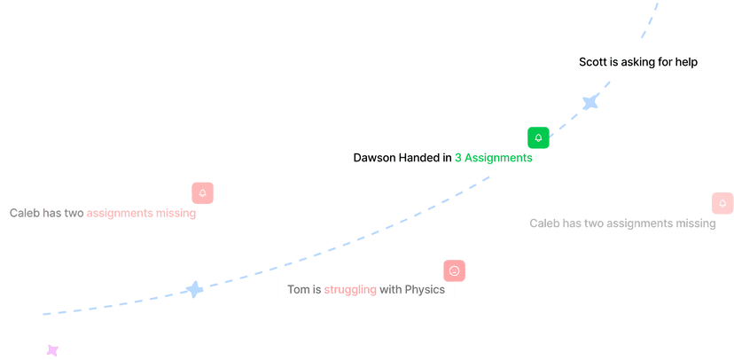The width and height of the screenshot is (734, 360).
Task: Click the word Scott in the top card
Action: point(594,62)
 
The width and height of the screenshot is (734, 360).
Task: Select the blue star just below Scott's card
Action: point(590,103)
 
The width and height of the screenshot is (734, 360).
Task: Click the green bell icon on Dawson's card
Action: point(538,138)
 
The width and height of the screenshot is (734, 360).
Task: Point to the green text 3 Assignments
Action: point(493,158)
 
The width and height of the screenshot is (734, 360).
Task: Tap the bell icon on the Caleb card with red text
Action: point(203,193)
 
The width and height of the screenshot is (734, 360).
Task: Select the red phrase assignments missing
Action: point(141,214)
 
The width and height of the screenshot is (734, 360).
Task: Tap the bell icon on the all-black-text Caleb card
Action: point(722,204)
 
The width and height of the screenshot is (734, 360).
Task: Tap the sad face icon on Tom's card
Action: point(455,270)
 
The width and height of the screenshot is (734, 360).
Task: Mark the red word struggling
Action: point(350,290)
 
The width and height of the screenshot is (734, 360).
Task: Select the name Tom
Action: point(298,290)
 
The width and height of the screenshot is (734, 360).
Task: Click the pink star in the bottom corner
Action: point(52,351)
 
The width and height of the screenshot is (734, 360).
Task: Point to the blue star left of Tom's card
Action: point(194,290)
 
